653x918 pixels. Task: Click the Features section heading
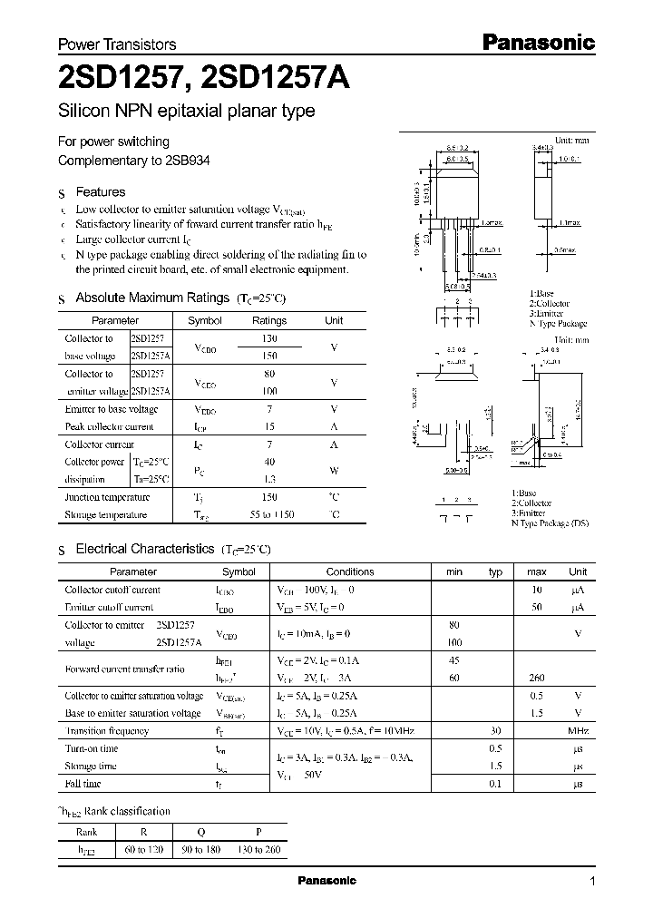(x=100, y=192)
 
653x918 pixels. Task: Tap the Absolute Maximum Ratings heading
(x=151, y=298)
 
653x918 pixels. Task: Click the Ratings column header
(x=268, y=320)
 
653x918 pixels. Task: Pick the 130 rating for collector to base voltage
(x=268, y=338)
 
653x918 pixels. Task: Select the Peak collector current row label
(x=109, y=426)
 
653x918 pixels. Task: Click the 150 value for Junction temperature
(x=268, y=497)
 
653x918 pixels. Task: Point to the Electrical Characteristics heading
(x=144, y=549)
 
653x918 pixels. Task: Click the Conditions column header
(x=349, y=572)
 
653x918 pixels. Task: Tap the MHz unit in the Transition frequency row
(x=578, y=731)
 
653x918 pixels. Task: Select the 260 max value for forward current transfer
(x=536, y=678)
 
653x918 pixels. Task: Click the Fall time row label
(x=83, y=784)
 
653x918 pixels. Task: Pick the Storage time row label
(x=90, y=767)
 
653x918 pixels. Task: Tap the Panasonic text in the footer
(x=327, y=881)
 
